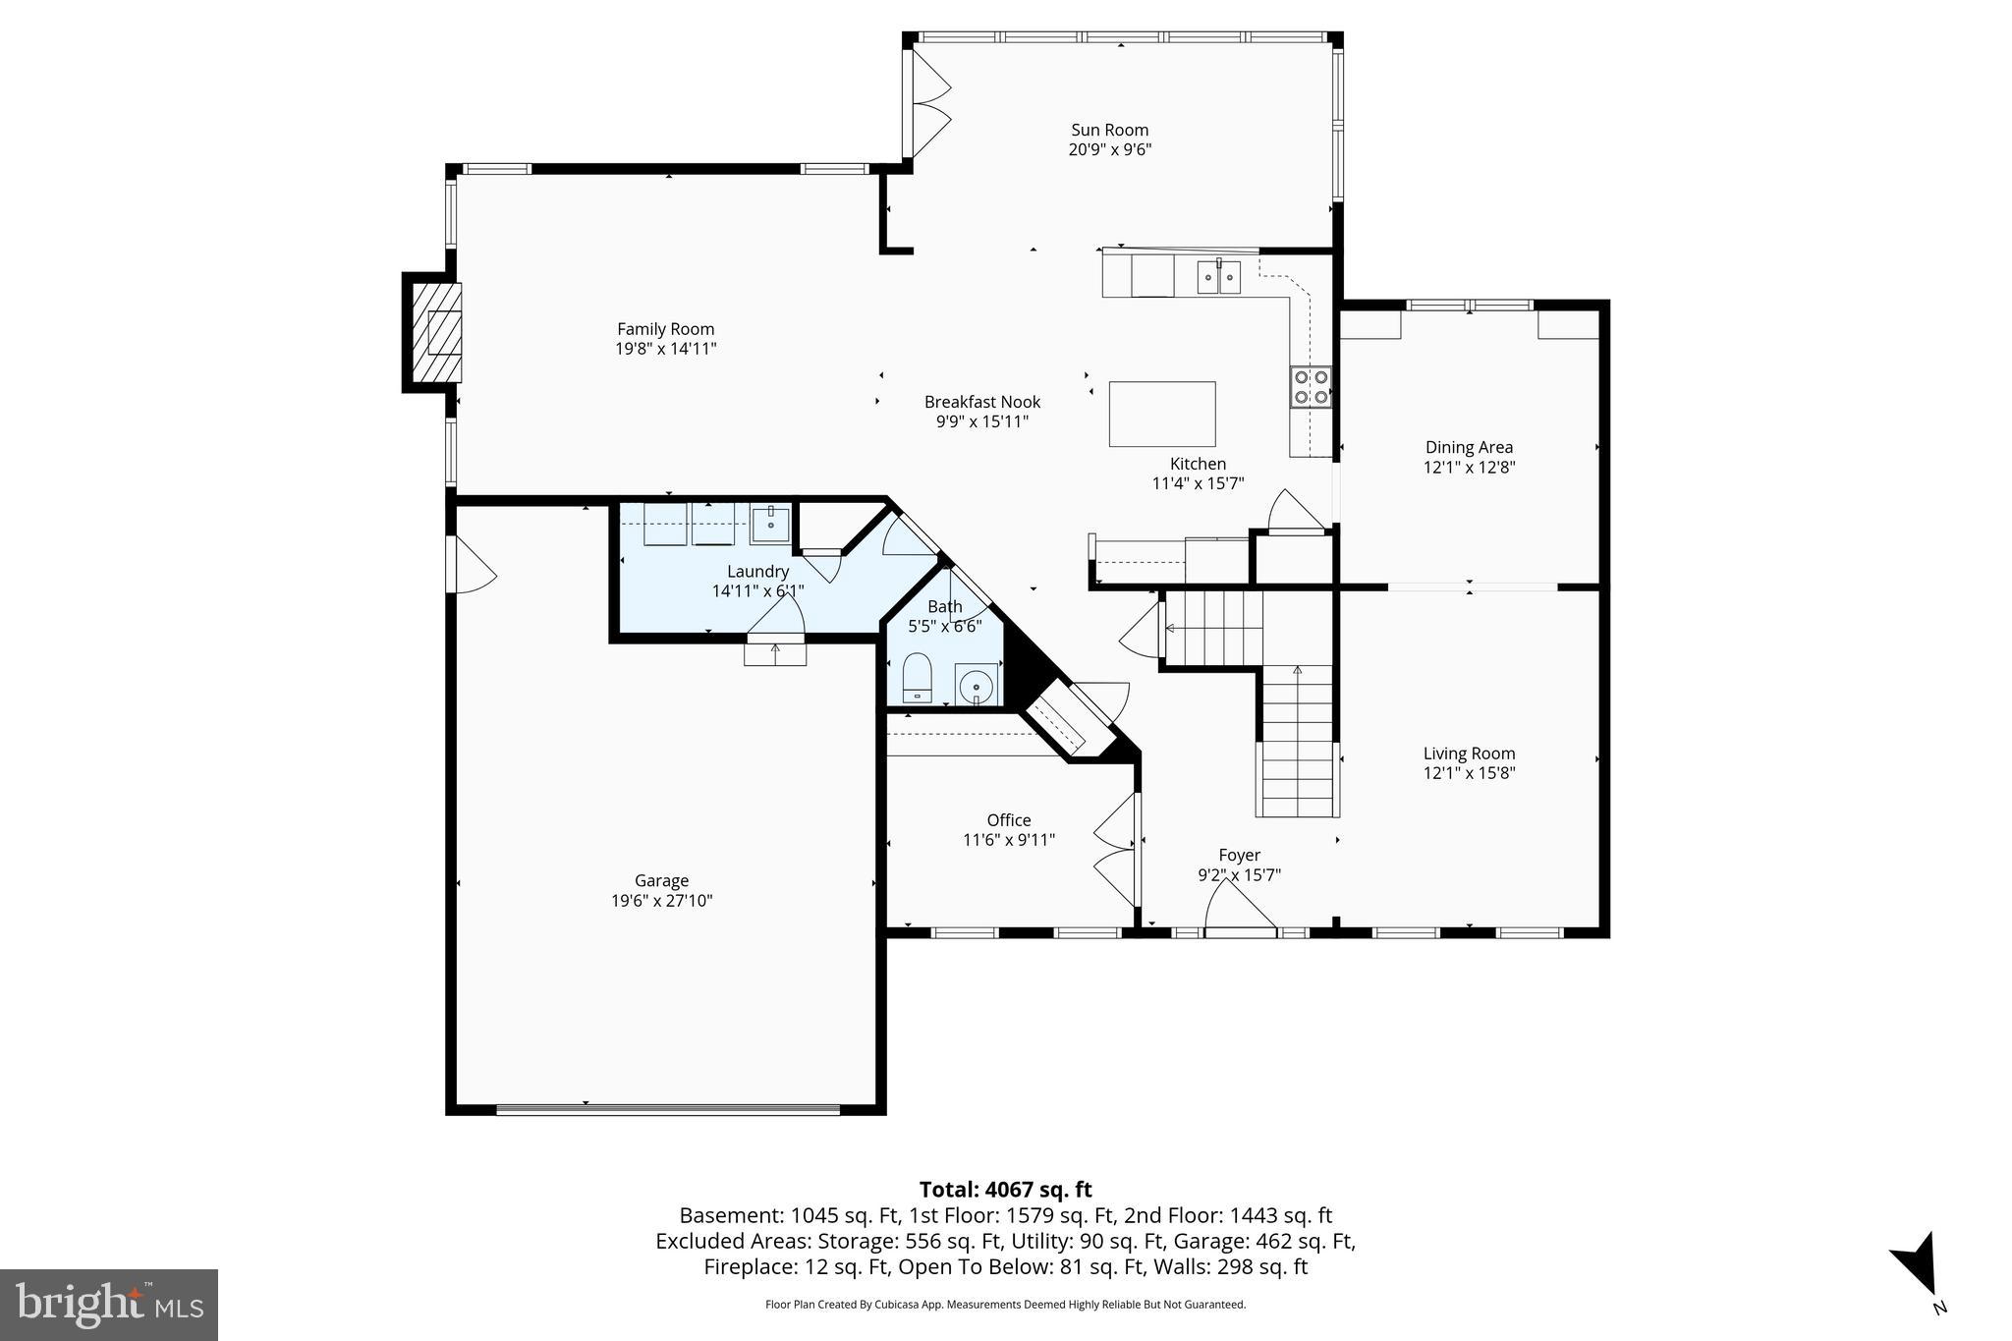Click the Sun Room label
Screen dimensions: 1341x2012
[1109, 131]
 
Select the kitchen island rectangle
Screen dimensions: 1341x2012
[1161, 414]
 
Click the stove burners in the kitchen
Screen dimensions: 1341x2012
[1310, 386]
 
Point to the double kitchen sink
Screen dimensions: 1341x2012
[1218, 278]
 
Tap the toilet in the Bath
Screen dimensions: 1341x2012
[917, 677]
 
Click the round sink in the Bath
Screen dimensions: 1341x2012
[976, 685]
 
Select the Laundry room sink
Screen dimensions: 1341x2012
[770, 524]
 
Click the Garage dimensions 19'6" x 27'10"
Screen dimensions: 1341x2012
[661, 901]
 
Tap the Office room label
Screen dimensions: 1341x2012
[1009, 820]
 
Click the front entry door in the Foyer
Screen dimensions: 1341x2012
[1240, 909]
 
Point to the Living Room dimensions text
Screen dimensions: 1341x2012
[1469, 773]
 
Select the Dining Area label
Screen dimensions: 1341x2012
[1469, 448]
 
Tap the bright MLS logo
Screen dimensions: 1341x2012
[109, 1305]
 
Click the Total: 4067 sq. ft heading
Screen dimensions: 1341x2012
[1005, 1190]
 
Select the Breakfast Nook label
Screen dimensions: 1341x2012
[981, 402]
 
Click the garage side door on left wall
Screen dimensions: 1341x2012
[469, 565]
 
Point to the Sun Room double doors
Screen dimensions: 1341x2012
[927, 103]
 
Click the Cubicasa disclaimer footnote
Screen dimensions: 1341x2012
[1005, 1305]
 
